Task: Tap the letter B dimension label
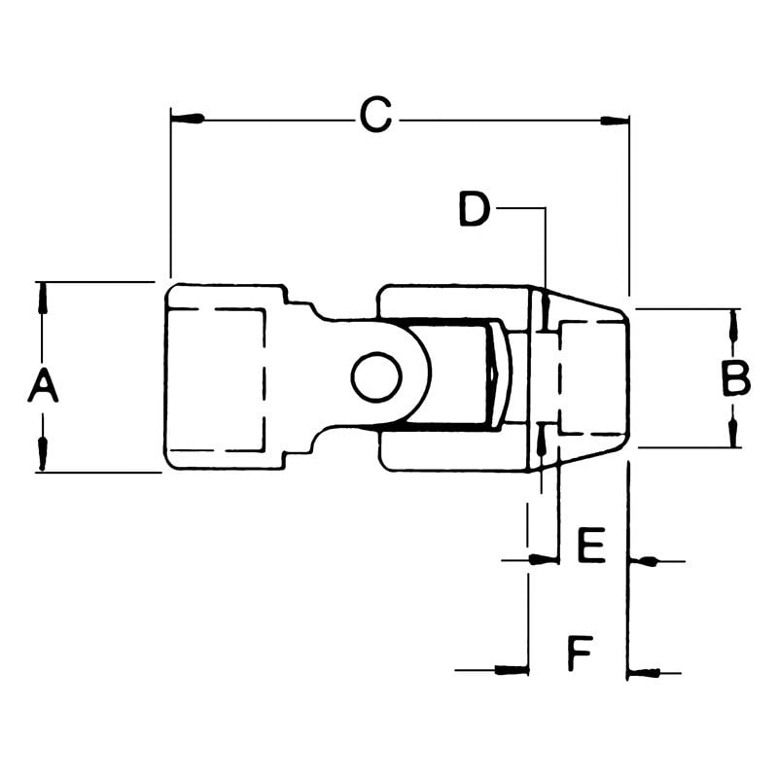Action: click(735, 378)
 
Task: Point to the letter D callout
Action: click(474, 208)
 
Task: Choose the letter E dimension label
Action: click(591, 548)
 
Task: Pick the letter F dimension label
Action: click(580, 654)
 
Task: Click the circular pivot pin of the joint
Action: click(376, 377)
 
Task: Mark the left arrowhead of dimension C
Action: click(189, 119)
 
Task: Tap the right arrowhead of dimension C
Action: click(613, 120)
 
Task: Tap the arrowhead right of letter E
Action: click(644, 560)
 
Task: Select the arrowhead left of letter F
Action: click(512, 669)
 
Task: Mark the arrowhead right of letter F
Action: click(644, 671)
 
